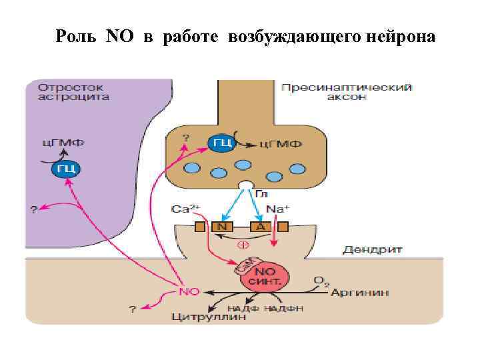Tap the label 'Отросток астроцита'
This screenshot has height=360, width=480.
click(73, 92)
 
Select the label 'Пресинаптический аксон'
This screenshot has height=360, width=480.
click(347, 92)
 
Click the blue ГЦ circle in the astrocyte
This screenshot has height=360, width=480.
click(65, 169)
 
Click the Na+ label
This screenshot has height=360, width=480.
click(277, 209)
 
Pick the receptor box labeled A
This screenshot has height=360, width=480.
click(261, 227)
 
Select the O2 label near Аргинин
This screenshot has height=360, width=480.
click(321, 281)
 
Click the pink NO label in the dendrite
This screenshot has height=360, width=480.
click(191, 292)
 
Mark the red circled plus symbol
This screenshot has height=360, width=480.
click(243, 245)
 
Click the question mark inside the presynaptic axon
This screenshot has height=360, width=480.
click(186, 138)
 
